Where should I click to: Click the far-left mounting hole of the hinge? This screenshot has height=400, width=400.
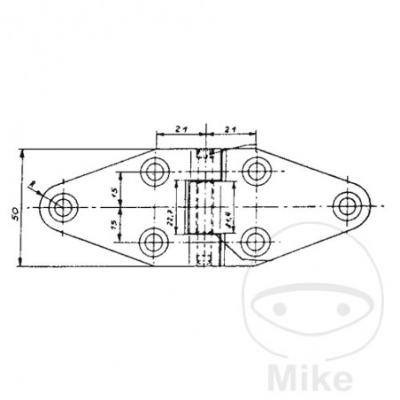coord(63,206)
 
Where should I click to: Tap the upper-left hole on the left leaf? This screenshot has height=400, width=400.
coord(156,172)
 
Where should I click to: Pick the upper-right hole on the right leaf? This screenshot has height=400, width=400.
coord(257,172)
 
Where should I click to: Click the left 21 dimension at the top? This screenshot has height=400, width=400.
coord(181,129)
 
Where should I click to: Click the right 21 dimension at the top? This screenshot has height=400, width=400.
coord(232,129)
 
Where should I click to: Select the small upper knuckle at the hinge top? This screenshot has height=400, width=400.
coord(206,162)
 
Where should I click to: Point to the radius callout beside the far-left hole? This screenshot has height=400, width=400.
coord(35,186)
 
